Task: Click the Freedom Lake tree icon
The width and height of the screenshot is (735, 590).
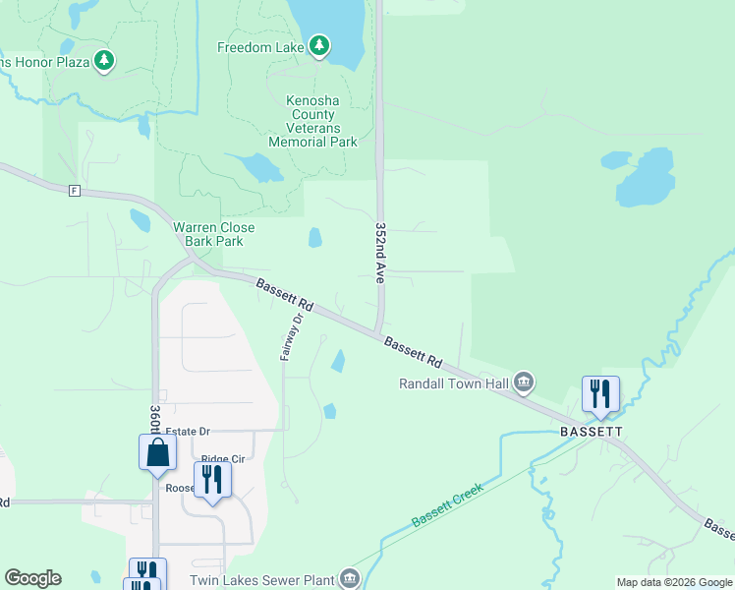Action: point(318,46)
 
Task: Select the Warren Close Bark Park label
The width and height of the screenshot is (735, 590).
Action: point(214,234)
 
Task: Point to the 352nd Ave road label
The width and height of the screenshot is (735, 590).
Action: point(380,253)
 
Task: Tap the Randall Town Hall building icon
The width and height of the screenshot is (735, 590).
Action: point(524,382)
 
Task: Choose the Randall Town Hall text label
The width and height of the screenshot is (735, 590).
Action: point(453,383)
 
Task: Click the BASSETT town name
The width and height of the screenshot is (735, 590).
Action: point(593,432)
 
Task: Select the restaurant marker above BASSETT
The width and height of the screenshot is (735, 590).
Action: point(600,394)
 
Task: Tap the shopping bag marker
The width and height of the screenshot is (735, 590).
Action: point(157,453)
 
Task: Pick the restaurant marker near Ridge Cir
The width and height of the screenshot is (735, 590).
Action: point(211,480)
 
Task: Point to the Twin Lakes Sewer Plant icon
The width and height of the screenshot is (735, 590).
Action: point(350,578)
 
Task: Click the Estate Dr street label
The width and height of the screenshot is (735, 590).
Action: point(188,431)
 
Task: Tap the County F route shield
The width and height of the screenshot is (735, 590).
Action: point(74,190)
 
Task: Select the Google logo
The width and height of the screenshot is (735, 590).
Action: point(32,578)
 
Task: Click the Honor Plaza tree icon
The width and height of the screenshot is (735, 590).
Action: point(104,62)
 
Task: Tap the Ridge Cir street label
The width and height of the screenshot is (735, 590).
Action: point(223,459)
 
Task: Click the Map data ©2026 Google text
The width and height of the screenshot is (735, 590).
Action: point(675,582)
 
